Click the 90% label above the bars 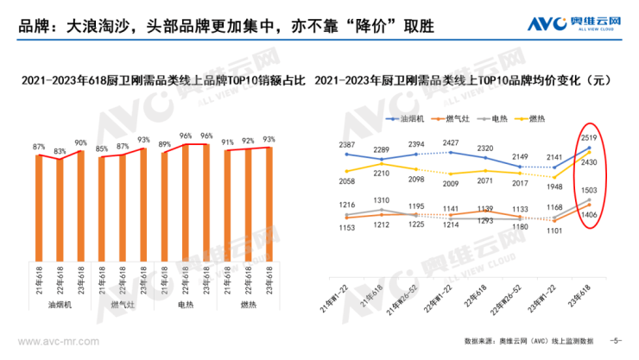tap(80, 142)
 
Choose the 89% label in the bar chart tap(164, 144)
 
